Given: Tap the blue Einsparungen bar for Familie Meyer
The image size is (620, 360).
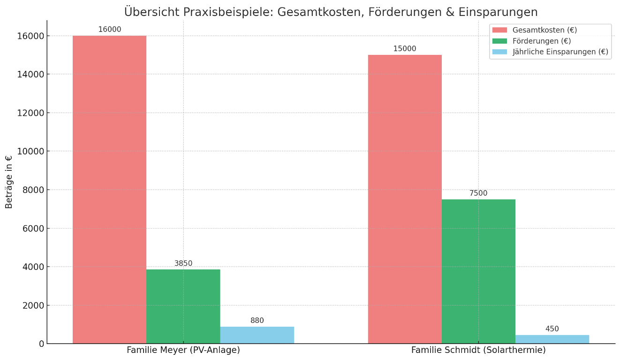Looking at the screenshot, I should tap(257, 335).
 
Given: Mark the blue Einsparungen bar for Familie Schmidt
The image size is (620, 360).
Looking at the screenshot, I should tap(552, 339).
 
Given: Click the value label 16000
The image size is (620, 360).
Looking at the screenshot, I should tap(110, 30).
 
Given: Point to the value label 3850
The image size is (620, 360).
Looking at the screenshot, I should tap(183, 263).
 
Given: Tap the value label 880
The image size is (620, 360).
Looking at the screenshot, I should tap(257, 321).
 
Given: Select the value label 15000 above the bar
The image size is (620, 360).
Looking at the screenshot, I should tap(405, 49).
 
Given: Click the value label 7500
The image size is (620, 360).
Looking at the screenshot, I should tap(478, 193).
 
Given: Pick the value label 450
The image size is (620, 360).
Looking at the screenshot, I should tap(552, 329).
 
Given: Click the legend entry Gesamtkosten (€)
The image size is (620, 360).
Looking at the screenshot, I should tap(544, 30).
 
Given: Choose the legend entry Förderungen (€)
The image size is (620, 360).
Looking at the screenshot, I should tap(542, 41).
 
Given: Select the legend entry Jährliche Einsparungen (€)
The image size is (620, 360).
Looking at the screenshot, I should tap(560, 52).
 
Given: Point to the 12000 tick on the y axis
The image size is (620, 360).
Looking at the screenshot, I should tap(31, 113).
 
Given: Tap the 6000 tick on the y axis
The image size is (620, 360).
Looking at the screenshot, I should tap(33, 228).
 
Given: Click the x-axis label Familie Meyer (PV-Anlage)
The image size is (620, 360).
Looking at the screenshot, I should tap(183, 350).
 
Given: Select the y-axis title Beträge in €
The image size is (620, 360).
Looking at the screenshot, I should tap(9, 182).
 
